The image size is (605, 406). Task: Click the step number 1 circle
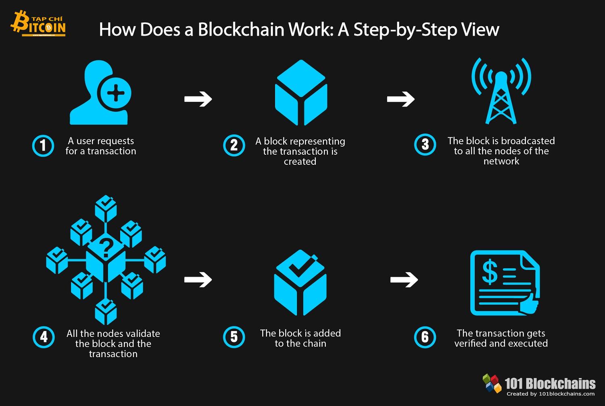click(43, 146)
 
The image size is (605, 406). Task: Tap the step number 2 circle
click(234, 146)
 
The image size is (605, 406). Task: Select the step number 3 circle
click(425, 145)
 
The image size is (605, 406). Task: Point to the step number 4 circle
click(43, 337)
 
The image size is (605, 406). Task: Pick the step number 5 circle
click(234, 337)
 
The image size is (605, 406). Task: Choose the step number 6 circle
click(425, 337)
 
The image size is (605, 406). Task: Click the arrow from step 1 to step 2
click(198, 99)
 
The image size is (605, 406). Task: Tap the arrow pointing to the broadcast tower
click(401, 99)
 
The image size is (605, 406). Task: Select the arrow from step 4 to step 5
click(198, 279)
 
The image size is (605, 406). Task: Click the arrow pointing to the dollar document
click(404, 279)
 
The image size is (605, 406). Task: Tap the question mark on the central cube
click(106, 248)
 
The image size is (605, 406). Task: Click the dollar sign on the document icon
click(490, 272)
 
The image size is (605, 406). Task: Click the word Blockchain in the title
click(241, 30)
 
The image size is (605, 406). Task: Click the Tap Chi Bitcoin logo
click(38, 24)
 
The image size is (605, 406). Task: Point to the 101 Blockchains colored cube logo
click(492, 383)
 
